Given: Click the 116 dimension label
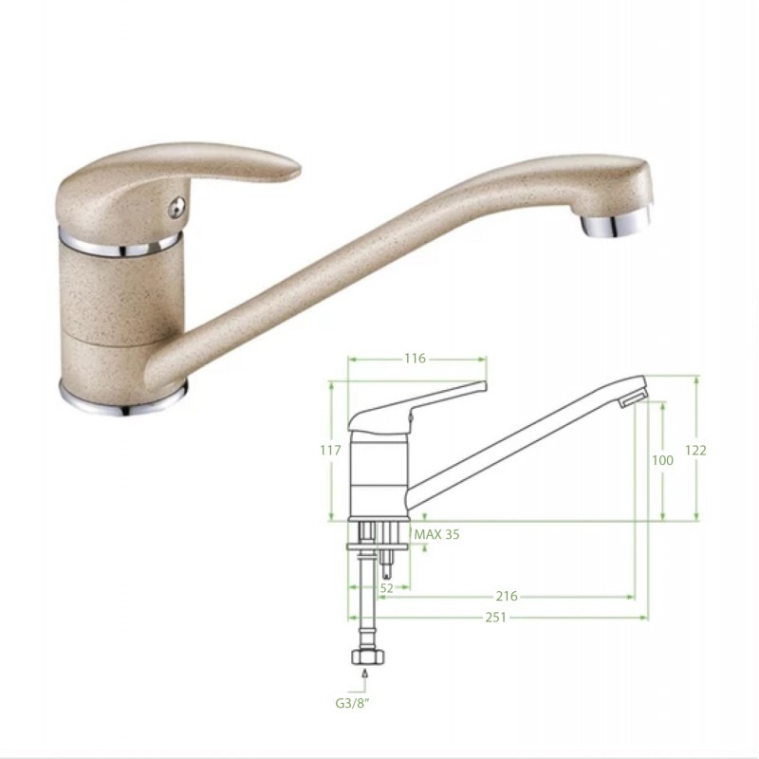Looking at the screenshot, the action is click(415, 359).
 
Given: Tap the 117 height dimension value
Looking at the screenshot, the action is click(330, 450).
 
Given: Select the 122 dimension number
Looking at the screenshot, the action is click(695, 450).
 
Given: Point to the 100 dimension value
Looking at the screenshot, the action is click(662, 460).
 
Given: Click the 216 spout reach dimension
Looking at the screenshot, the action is click(507, 596).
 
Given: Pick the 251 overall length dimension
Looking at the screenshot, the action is click(495, 618).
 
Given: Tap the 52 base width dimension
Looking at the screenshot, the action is click(387, 588).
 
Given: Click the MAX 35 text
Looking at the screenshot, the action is click(436, 534).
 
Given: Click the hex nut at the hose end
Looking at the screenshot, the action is click(368, 657).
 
